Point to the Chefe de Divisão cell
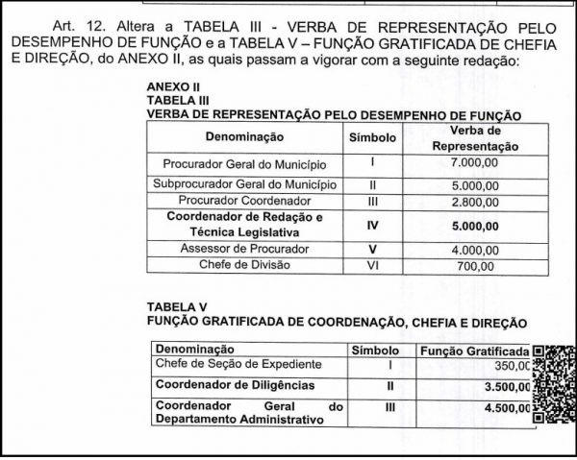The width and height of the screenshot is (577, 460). click(244, 264)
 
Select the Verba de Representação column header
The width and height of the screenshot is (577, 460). click(476, 137)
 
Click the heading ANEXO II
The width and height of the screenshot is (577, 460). click(166, 85)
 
